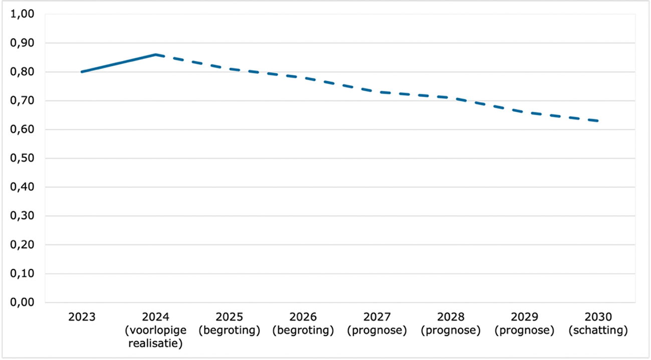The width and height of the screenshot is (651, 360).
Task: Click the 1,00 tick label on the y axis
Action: (x=23, y=15)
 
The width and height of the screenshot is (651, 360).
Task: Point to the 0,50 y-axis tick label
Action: (x=23, y=158)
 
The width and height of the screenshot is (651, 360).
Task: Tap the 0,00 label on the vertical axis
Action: (x=23, y=303)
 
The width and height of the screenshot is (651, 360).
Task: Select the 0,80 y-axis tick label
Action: (x=23, y=72)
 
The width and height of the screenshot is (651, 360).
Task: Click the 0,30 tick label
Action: (x=23, y=216)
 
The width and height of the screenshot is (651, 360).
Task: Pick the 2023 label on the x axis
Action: (x=81, y=317)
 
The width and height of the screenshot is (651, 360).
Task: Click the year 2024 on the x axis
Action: (x=155, y=317)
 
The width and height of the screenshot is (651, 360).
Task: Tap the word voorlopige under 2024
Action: (x=155, y=330)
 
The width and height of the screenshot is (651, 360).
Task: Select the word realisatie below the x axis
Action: (x=155, y=343)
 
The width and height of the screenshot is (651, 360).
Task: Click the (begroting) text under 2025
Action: (x=229, y=330)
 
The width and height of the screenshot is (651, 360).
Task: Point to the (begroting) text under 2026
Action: (x=303, y=330)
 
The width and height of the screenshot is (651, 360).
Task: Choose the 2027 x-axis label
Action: (x=377, y=317)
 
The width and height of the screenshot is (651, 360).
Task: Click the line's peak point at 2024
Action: (x=155, y=55)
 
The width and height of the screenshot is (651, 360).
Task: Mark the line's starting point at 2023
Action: (x=82, y=72)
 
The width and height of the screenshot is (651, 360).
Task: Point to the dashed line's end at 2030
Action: (x=598, y=121)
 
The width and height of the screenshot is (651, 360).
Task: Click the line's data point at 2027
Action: (x=377, y=92)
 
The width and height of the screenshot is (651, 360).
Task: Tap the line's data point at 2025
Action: (x=229, y=69)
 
